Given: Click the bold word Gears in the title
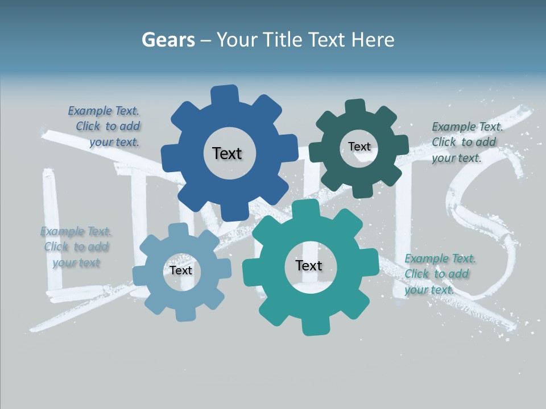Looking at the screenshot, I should pos(167,40).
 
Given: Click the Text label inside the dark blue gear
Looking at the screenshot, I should pos(227,153).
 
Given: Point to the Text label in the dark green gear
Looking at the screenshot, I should pos(359,147).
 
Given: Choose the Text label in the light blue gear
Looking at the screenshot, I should pos(181,270).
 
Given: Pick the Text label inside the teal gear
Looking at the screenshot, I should pos(308,265).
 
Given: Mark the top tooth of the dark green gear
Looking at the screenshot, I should pos(355,107).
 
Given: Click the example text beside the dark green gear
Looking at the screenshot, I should pos(467,142).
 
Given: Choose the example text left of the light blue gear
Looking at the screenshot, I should pos(76,247).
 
